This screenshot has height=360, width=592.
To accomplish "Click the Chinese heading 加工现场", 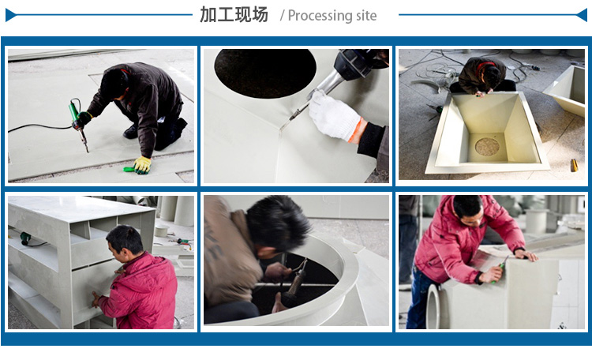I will (234, 15).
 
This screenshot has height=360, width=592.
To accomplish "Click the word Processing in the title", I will (320, 16).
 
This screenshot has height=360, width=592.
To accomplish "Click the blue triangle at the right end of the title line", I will (583, 14).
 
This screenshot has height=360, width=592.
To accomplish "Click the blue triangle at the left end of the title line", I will (9, 14).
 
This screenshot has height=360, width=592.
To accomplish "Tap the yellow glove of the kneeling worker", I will (142, 164).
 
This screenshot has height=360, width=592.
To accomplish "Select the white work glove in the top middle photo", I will (333, 117).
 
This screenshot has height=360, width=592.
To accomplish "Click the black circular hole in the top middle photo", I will (264, 72).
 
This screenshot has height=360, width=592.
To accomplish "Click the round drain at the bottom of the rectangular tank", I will (487, 146).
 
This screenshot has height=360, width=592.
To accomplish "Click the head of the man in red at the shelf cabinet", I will (125, 240).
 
